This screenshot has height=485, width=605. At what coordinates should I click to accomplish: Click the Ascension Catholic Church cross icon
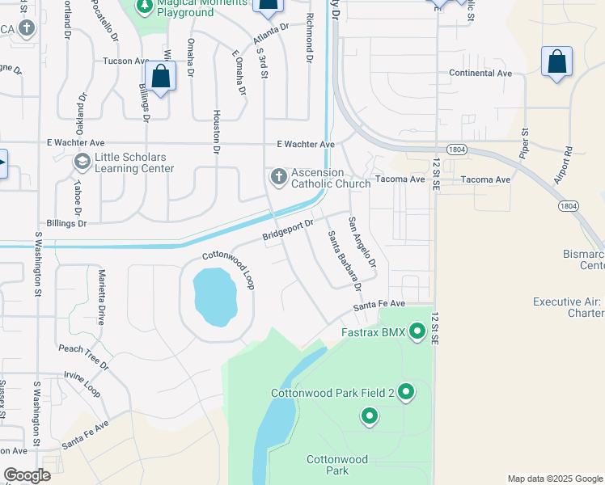(x=278, y=177)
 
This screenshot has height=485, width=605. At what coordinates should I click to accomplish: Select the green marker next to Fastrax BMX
(x=417, y=331)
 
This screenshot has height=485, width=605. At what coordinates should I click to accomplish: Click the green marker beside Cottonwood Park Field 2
(x=406, y=393)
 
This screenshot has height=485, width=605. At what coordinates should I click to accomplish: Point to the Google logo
(x=26, y=475)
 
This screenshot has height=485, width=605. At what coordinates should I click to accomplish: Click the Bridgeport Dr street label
(x=288, y=232)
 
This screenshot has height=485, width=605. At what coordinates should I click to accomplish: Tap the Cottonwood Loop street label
(x=228, y=269)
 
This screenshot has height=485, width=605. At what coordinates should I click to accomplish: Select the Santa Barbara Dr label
(x=343, y=260)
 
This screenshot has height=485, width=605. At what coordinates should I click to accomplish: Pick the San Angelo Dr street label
(x=362, y=241)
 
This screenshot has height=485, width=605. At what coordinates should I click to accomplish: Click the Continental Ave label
(x=480, y=73)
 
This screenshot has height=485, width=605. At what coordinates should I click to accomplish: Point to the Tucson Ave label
(x=126, y=61)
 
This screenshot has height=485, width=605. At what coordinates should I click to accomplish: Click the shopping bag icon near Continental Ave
(x=556, y=62)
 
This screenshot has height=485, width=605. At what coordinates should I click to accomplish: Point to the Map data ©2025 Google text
(x=555, y=479)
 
